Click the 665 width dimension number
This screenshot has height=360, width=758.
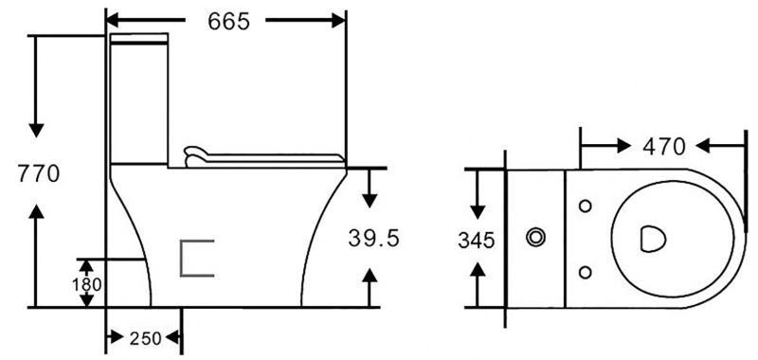228,21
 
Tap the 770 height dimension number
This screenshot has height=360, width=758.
39,173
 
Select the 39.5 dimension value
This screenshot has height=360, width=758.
373,238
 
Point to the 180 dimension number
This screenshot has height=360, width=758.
87,284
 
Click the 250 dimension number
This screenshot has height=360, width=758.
145,339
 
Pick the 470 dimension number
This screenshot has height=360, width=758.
664,147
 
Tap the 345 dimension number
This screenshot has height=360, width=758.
477,241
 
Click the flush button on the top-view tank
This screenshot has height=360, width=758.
535,237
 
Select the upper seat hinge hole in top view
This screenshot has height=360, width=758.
585,206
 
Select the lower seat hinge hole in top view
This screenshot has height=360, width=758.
585,273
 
